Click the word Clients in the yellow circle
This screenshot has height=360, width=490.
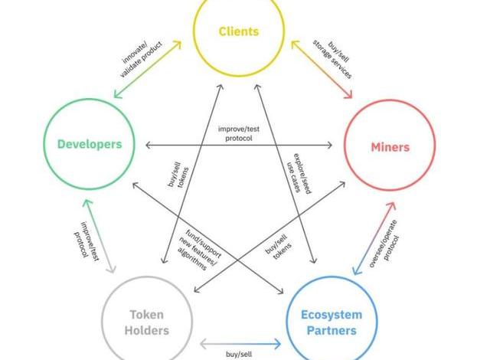point(239,31)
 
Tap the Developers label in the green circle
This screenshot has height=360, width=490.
point(89,144)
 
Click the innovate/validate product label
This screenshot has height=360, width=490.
point(141,57)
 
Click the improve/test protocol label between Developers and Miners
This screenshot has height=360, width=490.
point(240,133)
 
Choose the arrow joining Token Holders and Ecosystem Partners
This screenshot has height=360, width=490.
point(239,342)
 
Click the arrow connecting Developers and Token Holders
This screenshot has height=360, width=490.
point(98,234)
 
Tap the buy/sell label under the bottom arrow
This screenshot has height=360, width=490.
point(240,355)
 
